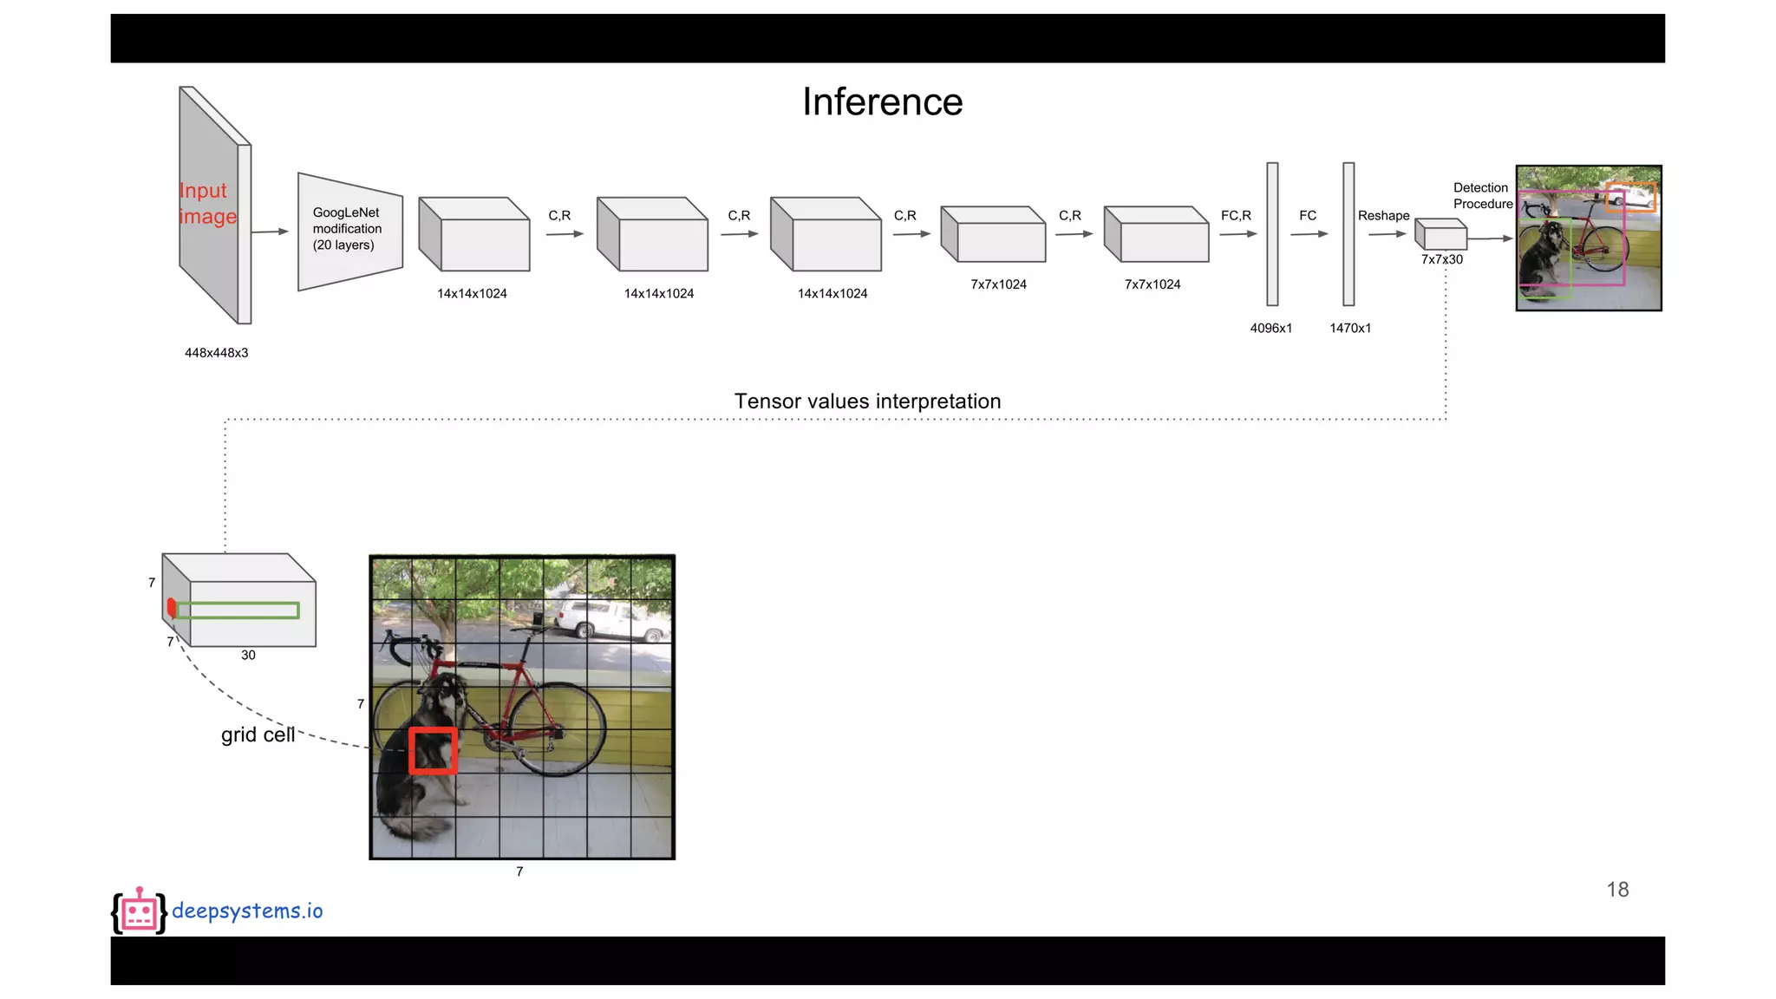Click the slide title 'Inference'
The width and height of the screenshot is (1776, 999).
coord(882,102)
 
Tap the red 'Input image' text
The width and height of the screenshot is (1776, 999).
coord(207,203)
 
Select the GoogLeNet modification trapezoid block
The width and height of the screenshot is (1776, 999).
coord(349,231)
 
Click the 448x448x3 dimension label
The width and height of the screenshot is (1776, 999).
coord(216,353)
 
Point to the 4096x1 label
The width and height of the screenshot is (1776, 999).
coord(1270,328)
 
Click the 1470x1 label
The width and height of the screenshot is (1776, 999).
coord(1350,328)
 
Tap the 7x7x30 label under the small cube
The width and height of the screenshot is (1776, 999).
coord(1441,259)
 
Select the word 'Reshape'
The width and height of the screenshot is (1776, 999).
coord(1383,215)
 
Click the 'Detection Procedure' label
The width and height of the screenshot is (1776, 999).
coord(1482,196)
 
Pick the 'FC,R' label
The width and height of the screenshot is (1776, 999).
coord(1236,215)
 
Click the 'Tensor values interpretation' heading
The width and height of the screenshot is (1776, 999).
coord(867,402)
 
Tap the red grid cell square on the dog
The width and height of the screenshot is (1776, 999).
coord(433,750)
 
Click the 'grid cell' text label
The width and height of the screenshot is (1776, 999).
coord(258,735)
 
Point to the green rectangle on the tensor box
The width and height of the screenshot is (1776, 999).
coord(238,610)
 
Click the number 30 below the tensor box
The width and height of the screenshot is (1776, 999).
coord(248,656)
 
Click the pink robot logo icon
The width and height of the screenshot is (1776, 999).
coord(139,911)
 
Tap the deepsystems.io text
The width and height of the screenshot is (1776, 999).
coord(247,911)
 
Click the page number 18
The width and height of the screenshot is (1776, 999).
coord(1617,890)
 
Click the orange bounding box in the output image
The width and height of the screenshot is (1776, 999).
coord(1630,197)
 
